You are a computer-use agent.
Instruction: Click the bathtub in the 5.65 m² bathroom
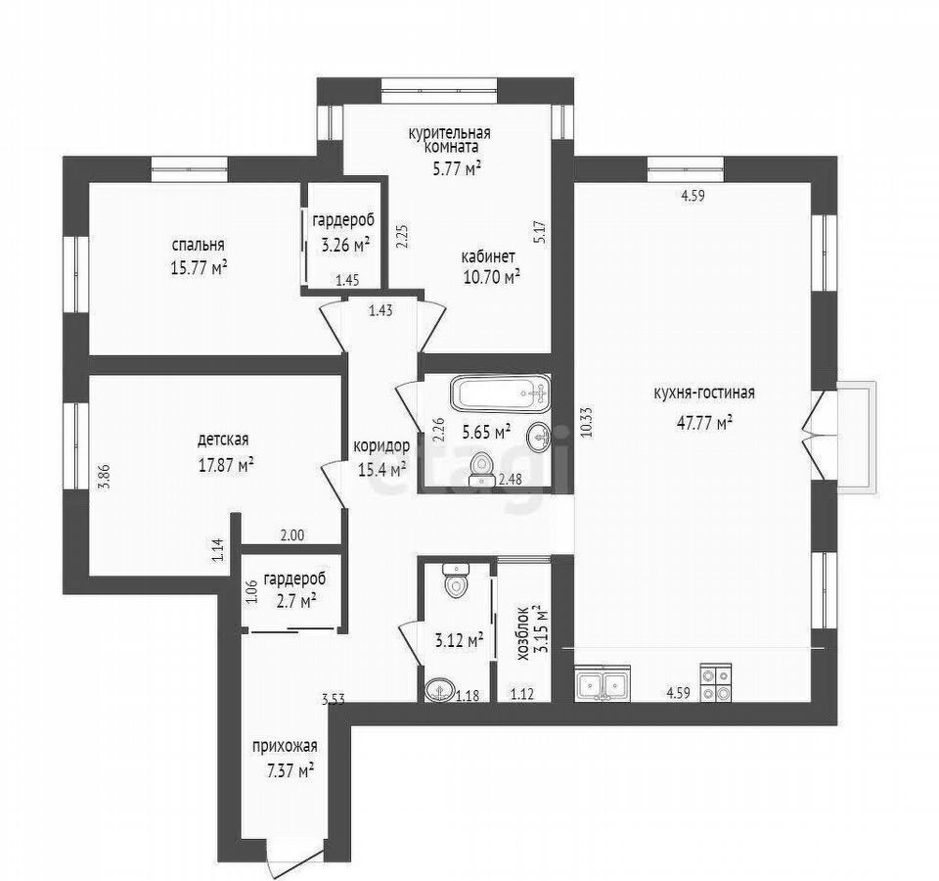click(500, 394)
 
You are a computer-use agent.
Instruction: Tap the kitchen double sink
click(603, 683)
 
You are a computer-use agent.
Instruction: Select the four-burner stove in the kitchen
click(716, 683)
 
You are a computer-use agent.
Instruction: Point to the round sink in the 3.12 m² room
click(439, 690)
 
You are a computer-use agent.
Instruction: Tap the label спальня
click(199, 245)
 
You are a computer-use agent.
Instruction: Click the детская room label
click(223, 440)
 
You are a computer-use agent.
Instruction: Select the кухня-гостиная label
click(703, 394)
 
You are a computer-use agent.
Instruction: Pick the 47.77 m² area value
click(705, 422)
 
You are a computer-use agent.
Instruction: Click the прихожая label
click(285, 747)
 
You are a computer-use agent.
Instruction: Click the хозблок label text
click(522, 634)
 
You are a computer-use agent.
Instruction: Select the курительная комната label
click(449, 139)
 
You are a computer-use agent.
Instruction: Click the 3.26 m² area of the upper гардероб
click(344, 245)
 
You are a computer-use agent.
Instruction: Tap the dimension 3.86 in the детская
click(105, 477)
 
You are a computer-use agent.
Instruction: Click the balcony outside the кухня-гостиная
click(858, 438)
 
